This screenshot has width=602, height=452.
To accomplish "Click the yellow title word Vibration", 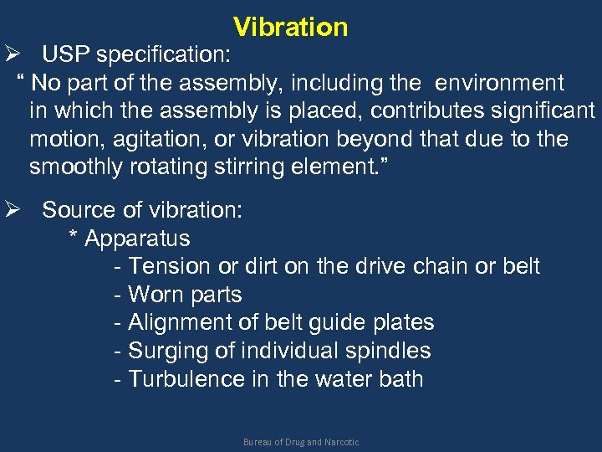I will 290,27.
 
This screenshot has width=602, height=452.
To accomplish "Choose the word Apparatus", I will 137,239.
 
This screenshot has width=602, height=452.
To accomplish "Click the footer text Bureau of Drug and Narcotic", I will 301,441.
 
